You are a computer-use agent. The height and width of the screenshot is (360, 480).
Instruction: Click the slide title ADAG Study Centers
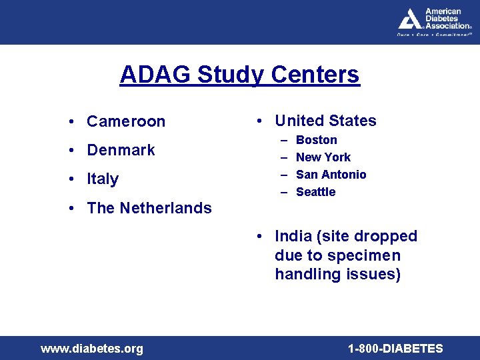[x=239, y=75]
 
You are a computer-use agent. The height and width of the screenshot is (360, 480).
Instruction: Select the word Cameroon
[x=126, y=121]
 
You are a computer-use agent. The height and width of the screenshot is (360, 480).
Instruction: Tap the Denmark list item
[x=121, y=150]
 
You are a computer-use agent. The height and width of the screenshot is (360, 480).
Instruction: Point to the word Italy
[x=103, y=179]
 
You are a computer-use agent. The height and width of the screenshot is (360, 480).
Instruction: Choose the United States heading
[x=325, y=121]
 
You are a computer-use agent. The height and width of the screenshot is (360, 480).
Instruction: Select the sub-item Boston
[x=317, y=140]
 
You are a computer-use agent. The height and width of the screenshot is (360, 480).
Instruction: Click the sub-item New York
[x=323, y=157]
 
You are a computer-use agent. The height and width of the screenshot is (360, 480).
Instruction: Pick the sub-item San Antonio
[x=331, y=175]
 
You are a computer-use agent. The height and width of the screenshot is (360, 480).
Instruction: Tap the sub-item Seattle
[x=316, y=192]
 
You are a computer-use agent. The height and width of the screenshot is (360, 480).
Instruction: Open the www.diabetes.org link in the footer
[x=92, y=349]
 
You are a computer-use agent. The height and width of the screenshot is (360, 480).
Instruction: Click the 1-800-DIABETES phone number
[x=395, y=349]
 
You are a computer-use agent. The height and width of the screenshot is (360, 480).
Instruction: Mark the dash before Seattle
[x=283, y=192]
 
